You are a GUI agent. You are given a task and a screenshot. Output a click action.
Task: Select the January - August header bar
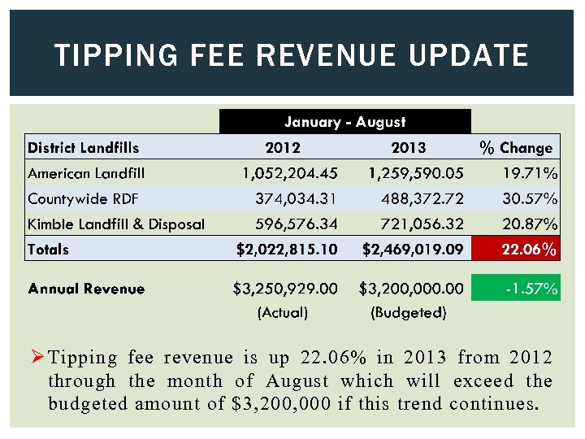click(344, 122)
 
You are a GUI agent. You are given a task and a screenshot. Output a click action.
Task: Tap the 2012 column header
click(283, 148)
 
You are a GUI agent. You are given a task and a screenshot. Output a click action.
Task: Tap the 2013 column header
click(408, 148)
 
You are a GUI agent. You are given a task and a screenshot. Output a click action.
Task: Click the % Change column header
click(516, 148)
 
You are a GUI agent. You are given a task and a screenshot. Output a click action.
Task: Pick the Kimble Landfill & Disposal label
click(116, 224)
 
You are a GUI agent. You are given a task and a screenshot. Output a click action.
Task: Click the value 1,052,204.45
click(290, 173)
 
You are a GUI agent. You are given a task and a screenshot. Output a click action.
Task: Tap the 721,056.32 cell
click(415, 224)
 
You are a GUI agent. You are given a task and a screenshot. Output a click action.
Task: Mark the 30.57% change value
click(528, 198)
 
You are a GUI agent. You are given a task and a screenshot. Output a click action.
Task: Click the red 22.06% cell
click(516, 250)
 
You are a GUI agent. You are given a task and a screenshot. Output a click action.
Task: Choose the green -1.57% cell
click(516, 289)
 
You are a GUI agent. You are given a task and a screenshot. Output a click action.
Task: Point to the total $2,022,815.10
click(286, 250)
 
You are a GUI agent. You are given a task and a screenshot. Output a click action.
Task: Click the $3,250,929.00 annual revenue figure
click(285, 289)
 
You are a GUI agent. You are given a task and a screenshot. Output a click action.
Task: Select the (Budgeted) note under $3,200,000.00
click(408, 312)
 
